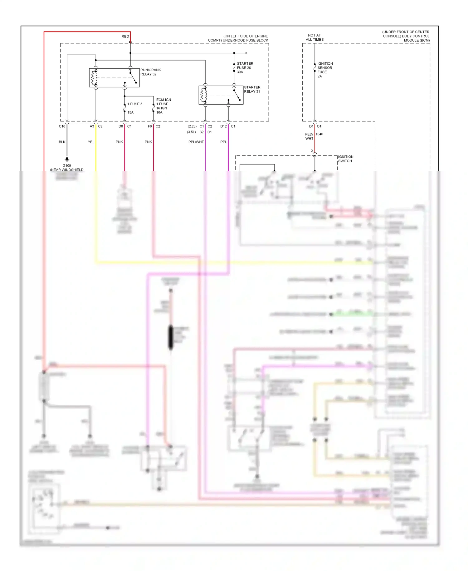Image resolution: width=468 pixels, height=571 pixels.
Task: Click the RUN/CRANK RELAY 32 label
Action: (150, 72)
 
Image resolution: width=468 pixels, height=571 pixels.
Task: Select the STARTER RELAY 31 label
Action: (252, 89)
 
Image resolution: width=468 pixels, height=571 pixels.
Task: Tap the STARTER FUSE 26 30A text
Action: (245, 68)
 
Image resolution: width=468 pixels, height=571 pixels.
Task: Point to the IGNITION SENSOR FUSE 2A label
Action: (325, 70)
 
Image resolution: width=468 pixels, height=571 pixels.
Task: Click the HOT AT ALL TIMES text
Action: (314, 37)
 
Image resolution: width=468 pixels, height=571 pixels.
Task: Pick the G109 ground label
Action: (67, 166)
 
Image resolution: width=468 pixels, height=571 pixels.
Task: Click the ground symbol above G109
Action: (67, 159)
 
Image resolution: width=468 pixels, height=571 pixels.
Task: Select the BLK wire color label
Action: (62, 142)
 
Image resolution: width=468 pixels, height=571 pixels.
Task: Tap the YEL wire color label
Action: (91, 142)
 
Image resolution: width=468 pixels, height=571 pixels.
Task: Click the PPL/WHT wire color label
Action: (196, 142)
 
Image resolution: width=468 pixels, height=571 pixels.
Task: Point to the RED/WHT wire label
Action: (309, 136)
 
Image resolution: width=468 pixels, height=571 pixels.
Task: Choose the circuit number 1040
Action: (319, 134)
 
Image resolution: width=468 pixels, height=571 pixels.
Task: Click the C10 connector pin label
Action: (62, 126)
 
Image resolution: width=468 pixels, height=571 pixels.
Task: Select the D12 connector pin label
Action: (223, 126)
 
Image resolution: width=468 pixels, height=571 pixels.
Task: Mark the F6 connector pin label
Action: (150, 126)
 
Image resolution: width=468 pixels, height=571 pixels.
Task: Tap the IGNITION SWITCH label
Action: (346, 159)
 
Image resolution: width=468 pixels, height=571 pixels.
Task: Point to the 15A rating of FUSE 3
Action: (130, 112)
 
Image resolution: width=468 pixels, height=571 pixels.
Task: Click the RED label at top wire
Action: (125, 37)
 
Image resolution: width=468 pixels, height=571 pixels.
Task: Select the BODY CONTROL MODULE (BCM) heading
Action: (406, 36)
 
